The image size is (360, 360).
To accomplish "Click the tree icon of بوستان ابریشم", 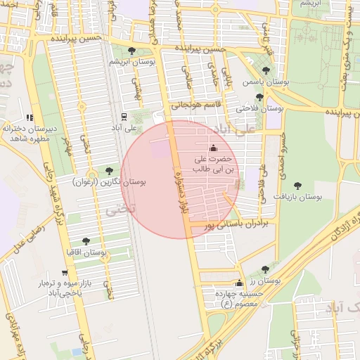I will (133, 50).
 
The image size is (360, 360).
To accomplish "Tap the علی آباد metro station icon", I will (124, 117).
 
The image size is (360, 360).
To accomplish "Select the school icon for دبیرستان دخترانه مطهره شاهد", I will (29, 118).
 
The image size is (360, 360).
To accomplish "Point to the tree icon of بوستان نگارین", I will (108, 170).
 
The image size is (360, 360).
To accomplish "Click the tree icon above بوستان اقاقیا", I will (86, 241).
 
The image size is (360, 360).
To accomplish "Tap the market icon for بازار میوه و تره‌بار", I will (65, 272).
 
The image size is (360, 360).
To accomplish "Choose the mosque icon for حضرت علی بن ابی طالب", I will (214, 148).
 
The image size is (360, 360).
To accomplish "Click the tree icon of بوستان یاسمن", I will (265, 70).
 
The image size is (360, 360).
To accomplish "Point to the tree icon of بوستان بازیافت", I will (297, 186).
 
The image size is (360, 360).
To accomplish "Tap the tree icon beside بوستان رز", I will (265, 269).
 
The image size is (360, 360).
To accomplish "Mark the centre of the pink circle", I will (179, 179).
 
